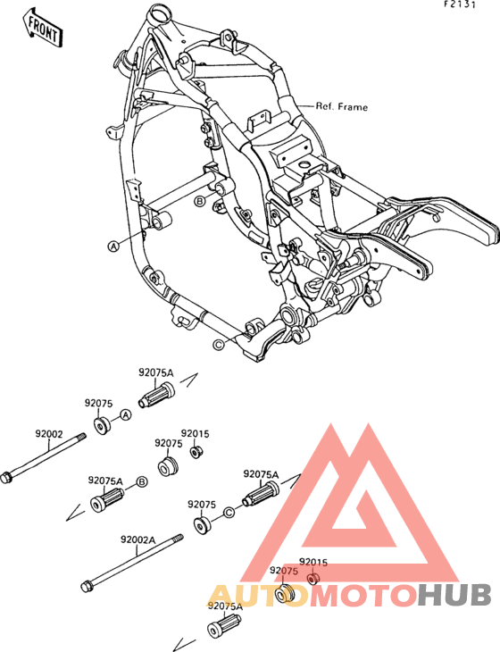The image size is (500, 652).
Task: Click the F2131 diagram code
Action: click(x=459, y=4)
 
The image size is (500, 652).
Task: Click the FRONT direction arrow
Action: click(x=43, y=27)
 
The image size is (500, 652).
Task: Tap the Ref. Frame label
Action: click(x=342, y=107)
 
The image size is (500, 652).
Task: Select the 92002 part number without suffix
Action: click(x=48, y=434)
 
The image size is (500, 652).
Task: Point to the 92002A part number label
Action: click(x=138, y=539)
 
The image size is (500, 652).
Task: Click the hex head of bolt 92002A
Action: click(x=87, y=586)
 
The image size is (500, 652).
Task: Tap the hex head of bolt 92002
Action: click(x=6, y=477)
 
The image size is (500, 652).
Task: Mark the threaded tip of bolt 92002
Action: click(x=81, y=437)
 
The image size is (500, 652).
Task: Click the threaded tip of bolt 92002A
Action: click(x=179, y=538)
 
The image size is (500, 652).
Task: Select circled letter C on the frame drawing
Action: click(x=218, y=344)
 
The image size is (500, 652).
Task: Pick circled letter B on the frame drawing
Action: click(x=200, y=202)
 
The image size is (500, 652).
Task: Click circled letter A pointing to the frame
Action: click(x=113, y=246)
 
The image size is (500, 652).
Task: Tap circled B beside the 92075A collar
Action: click(x=142, y=482)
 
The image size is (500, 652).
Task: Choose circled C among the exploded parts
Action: click(x=229, y=513)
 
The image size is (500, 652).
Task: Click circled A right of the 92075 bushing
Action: click(x=126, y=414)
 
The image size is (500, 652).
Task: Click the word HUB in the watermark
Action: click(x=454, y=595)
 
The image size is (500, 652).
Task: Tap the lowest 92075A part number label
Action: click(x=225, y=606)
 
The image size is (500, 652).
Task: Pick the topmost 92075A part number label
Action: click(x=156, y=373)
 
